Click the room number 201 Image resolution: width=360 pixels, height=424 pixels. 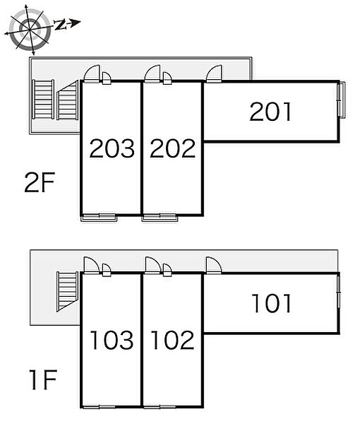point(270,112)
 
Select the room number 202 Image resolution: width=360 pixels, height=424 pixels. point(172,148)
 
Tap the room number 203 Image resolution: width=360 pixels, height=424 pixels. point(112,148)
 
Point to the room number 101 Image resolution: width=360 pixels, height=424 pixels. point(272,303)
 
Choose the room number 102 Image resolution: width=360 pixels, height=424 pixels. point(172,340)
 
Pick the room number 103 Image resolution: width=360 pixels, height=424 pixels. point(112,340)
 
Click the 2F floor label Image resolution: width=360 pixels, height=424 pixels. point(40,182)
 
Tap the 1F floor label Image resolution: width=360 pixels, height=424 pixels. point(43,379)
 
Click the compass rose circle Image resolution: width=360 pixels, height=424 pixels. point(30,29)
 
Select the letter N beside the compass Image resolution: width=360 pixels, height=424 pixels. point(61,25)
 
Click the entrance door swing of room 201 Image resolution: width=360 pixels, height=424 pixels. point(214,73)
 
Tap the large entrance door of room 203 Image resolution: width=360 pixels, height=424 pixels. point(92,73)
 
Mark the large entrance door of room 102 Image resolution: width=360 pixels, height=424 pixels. point(153,265)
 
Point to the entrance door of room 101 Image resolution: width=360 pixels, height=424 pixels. point(214,265)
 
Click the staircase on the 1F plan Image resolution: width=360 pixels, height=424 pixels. point(68,291)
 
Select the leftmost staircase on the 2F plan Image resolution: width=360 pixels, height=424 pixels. point(43,99)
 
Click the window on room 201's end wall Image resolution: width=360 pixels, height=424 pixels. point(342,100)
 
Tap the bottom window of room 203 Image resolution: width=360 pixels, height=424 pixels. point(99,218)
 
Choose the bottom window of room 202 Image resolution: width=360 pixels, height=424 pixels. point(160,218)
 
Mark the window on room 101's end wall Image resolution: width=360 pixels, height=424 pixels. point(338,290)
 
